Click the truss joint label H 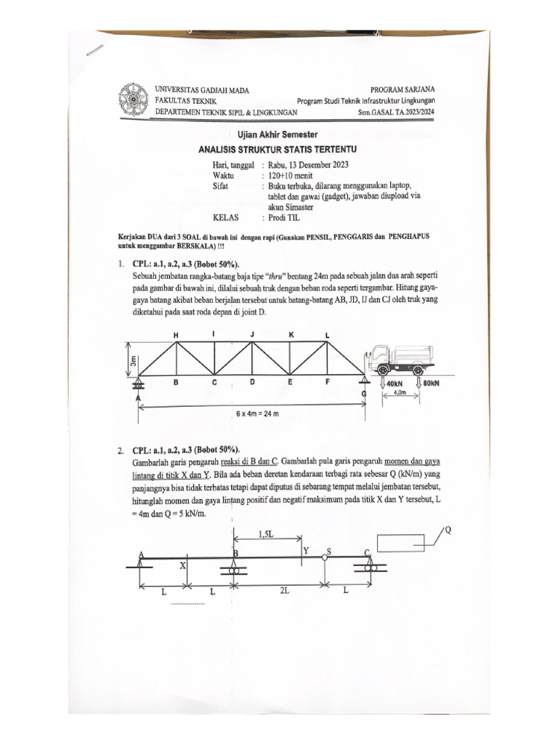click(x=175, y=334)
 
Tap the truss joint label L click(x=327, y=334)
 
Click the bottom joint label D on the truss click(x=251, y=381)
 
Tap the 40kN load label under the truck click(x=393, y=383)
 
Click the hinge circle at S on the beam click(x=325, y=557)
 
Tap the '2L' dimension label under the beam click(x=283, y=591)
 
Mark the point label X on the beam click(x=182, y=565)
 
